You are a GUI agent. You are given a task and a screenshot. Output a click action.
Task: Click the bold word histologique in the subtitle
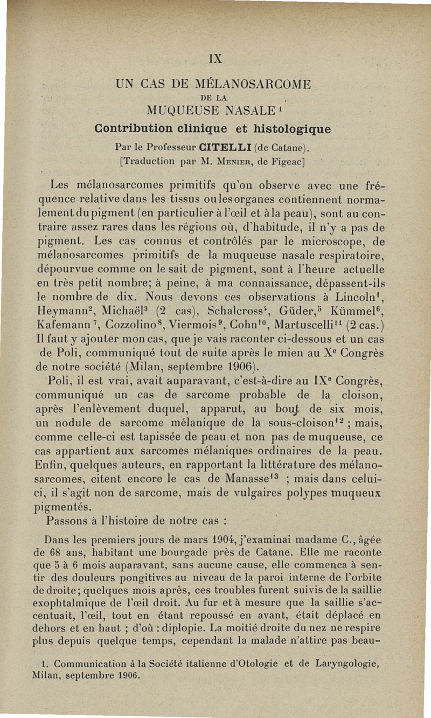(x=287, y=129)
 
